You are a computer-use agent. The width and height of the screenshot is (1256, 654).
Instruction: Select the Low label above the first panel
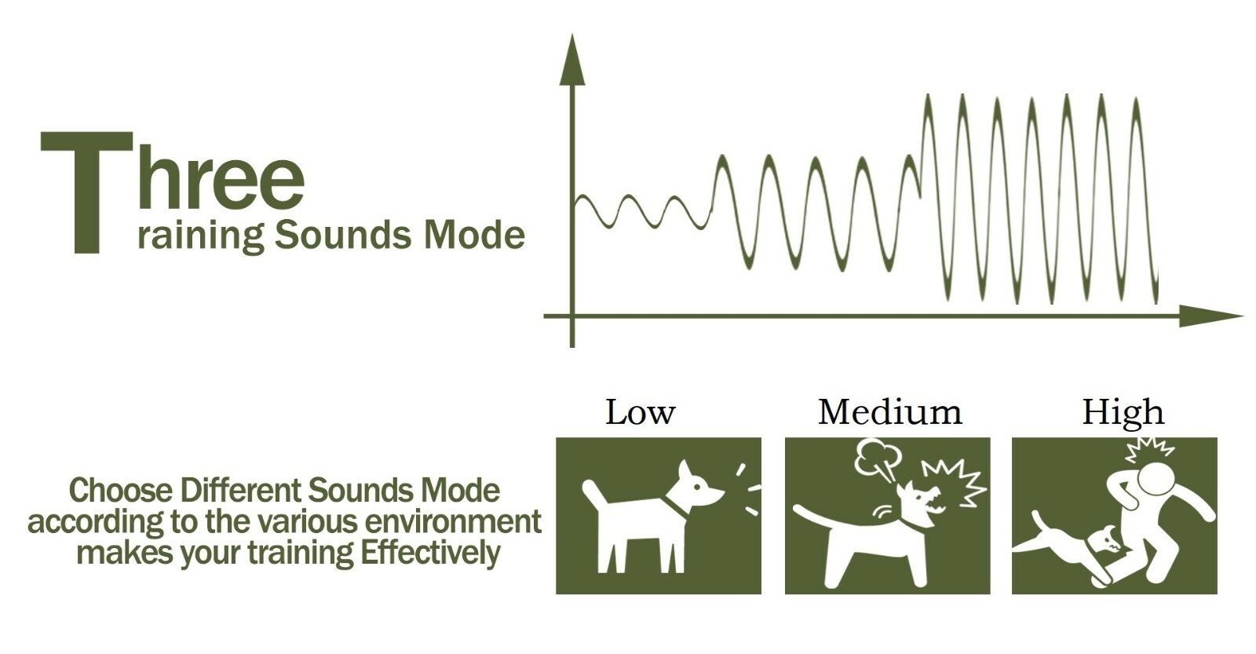(x=640, y=412)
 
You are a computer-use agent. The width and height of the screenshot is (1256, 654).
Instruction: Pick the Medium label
(x=889, y=412)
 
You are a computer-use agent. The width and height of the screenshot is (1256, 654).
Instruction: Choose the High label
(x=1123, y=412)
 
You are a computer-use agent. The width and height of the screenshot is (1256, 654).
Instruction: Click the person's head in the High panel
(x=1158, y=477)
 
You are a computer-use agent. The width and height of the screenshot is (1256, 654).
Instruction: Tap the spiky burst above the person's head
(x=1148, y=450)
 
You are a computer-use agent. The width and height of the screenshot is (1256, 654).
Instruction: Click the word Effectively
(x=430, y=553)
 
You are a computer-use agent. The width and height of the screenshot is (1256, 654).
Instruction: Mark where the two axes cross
(x=571, y=316)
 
